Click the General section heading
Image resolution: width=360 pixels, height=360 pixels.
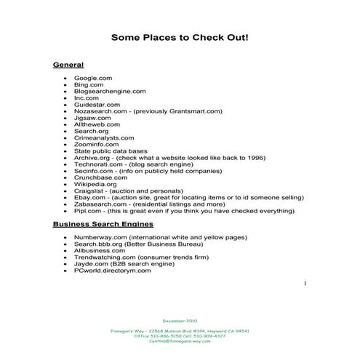(x=68, y=65)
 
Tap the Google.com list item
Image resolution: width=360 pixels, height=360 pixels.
(x=92, y=78)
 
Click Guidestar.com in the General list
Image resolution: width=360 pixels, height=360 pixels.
(x=97, y=105)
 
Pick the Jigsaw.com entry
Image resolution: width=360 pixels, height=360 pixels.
(x=92, y=118)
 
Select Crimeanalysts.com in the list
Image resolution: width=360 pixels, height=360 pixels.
(x=104, y=137)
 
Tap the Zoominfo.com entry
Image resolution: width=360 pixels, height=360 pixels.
(x=97, y=145)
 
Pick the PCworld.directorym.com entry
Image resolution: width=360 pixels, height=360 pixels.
(x=112, y=271)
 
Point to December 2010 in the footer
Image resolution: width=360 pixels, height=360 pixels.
(x=180, y=320)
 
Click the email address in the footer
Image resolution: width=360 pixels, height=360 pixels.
(x=180, y=341)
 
